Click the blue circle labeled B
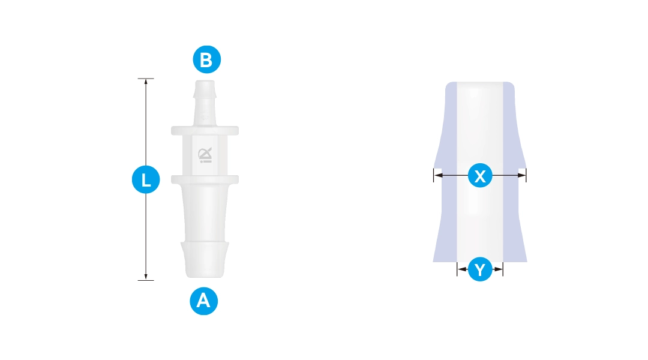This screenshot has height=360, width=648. click(x=206, y=59)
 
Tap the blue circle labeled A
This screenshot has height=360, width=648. click(x=204, y=301)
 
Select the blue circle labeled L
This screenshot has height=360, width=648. click(x=146, y=179)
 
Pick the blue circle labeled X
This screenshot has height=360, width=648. click(x=480, y=175)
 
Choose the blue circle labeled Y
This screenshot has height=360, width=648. click(x=480, y=269)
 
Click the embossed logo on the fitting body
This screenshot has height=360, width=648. click(x=205, y=155)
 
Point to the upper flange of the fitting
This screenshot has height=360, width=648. click(x=205, y=131)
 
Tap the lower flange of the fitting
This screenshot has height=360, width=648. click(x=205, y=179)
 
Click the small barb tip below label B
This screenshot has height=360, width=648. click(x=205, y=89)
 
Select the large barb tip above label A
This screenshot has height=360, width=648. click(x=205, y=260)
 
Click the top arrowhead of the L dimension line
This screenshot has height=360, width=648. click(x=146, y=82)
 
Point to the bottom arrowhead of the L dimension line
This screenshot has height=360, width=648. click(x=146, y=277)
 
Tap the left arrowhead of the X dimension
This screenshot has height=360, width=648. click(x=438, y=175)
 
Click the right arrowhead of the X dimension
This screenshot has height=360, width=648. click(x=522, y=175)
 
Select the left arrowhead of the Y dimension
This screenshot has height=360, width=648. click(x=461, y=269)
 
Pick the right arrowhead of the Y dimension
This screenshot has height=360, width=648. click(x=499, y=269)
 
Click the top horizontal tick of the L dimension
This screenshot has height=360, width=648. click(x=146, y=79)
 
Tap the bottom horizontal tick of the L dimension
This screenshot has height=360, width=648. click(x=146, y=280)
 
